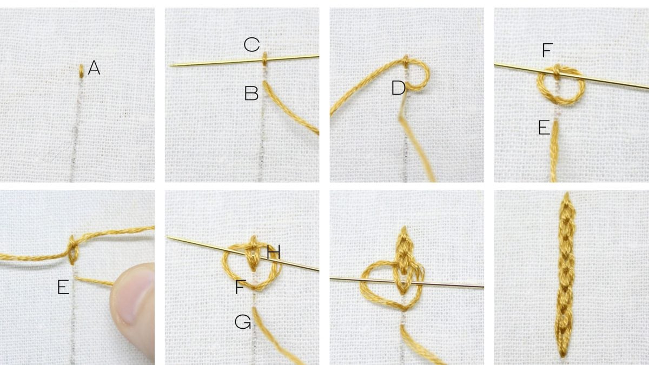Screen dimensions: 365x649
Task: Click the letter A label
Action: tap(94, 68)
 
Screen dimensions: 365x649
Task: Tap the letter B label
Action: tap(251, 94)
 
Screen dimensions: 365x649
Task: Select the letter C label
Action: tap(251, 45)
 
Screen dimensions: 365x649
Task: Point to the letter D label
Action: tap(399, 88)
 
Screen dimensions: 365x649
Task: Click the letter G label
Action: tap(242, 323)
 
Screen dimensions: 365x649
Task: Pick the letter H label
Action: tap(273, 251)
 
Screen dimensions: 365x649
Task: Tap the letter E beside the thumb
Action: tap(63, 288)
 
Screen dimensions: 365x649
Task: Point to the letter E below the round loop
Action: tap(544, 128)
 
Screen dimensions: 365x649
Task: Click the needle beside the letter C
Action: tap(216, 62)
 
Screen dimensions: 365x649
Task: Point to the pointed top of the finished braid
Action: tap(566, 196)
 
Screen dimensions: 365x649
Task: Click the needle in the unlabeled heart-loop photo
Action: tap(449, 283)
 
